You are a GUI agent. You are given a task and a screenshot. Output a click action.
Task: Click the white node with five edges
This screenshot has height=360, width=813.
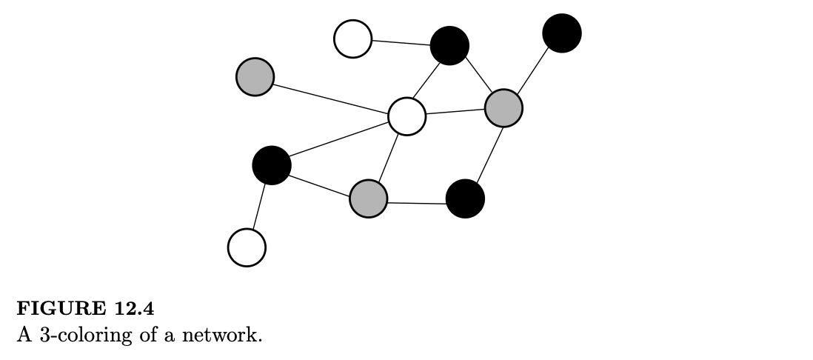407,116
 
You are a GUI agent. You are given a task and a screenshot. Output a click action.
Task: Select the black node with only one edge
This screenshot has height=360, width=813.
562,33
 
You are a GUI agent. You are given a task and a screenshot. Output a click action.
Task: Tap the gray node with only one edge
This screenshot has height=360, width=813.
255,76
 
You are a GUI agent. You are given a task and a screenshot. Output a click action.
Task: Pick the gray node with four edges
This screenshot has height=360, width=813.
503,108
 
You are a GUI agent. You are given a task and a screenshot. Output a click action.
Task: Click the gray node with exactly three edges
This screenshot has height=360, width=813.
368,199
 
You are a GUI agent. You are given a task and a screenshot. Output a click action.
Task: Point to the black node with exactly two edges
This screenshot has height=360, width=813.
465,199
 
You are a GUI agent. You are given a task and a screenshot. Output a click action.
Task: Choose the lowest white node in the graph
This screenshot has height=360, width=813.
247,247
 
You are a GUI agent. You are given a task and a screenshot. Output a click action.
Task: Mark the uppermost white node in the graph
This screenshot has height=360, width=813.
352,39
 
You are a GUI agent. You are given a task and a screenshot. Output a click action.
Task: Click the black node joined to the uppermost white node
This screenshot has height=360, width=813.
449,45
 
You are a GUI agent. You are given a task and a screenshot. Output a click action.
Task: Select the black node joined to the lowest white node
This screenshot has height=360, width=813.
272,165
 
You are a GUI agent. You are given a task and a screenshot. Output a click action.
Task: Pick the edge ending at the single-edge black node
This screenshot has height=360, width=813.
533,70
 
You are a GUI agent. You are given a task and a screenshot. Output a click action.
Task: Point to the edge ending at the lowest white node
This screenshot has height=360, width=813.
259,206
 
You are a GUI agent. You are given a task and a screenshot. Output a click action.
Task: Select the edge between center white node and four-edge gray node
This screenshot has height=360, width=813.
455,112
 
